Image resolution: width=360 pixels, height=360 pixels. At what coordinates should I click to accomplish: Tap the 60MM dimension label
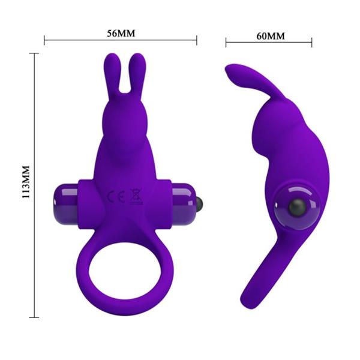click(x=270, y=35)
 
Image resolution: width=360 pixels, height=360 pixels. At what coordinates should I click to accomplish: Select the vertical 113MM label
click(x=25, y=184)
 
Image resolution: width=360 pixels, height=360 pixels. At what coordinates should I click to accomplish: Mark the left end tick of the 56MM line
click(x=45, y=41)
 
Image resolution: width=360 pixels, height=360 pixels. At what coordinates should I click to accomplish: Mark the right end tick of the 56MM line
click(x=197, y=41)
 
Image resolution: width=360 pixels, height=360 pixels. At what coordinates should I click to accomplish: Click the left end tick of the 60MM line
click(x=226, y=42)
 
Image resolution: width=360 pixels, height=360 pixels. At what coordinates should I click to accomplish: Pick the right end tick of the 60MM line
click(x=312, y=42)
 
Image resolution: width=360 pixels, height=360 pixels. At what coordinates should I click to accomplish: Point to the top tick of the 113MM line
click(x=35, y=53)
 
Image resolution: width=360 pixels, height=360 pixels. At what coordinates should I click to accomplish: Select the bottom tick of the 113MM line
click(x=35, y=316)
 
